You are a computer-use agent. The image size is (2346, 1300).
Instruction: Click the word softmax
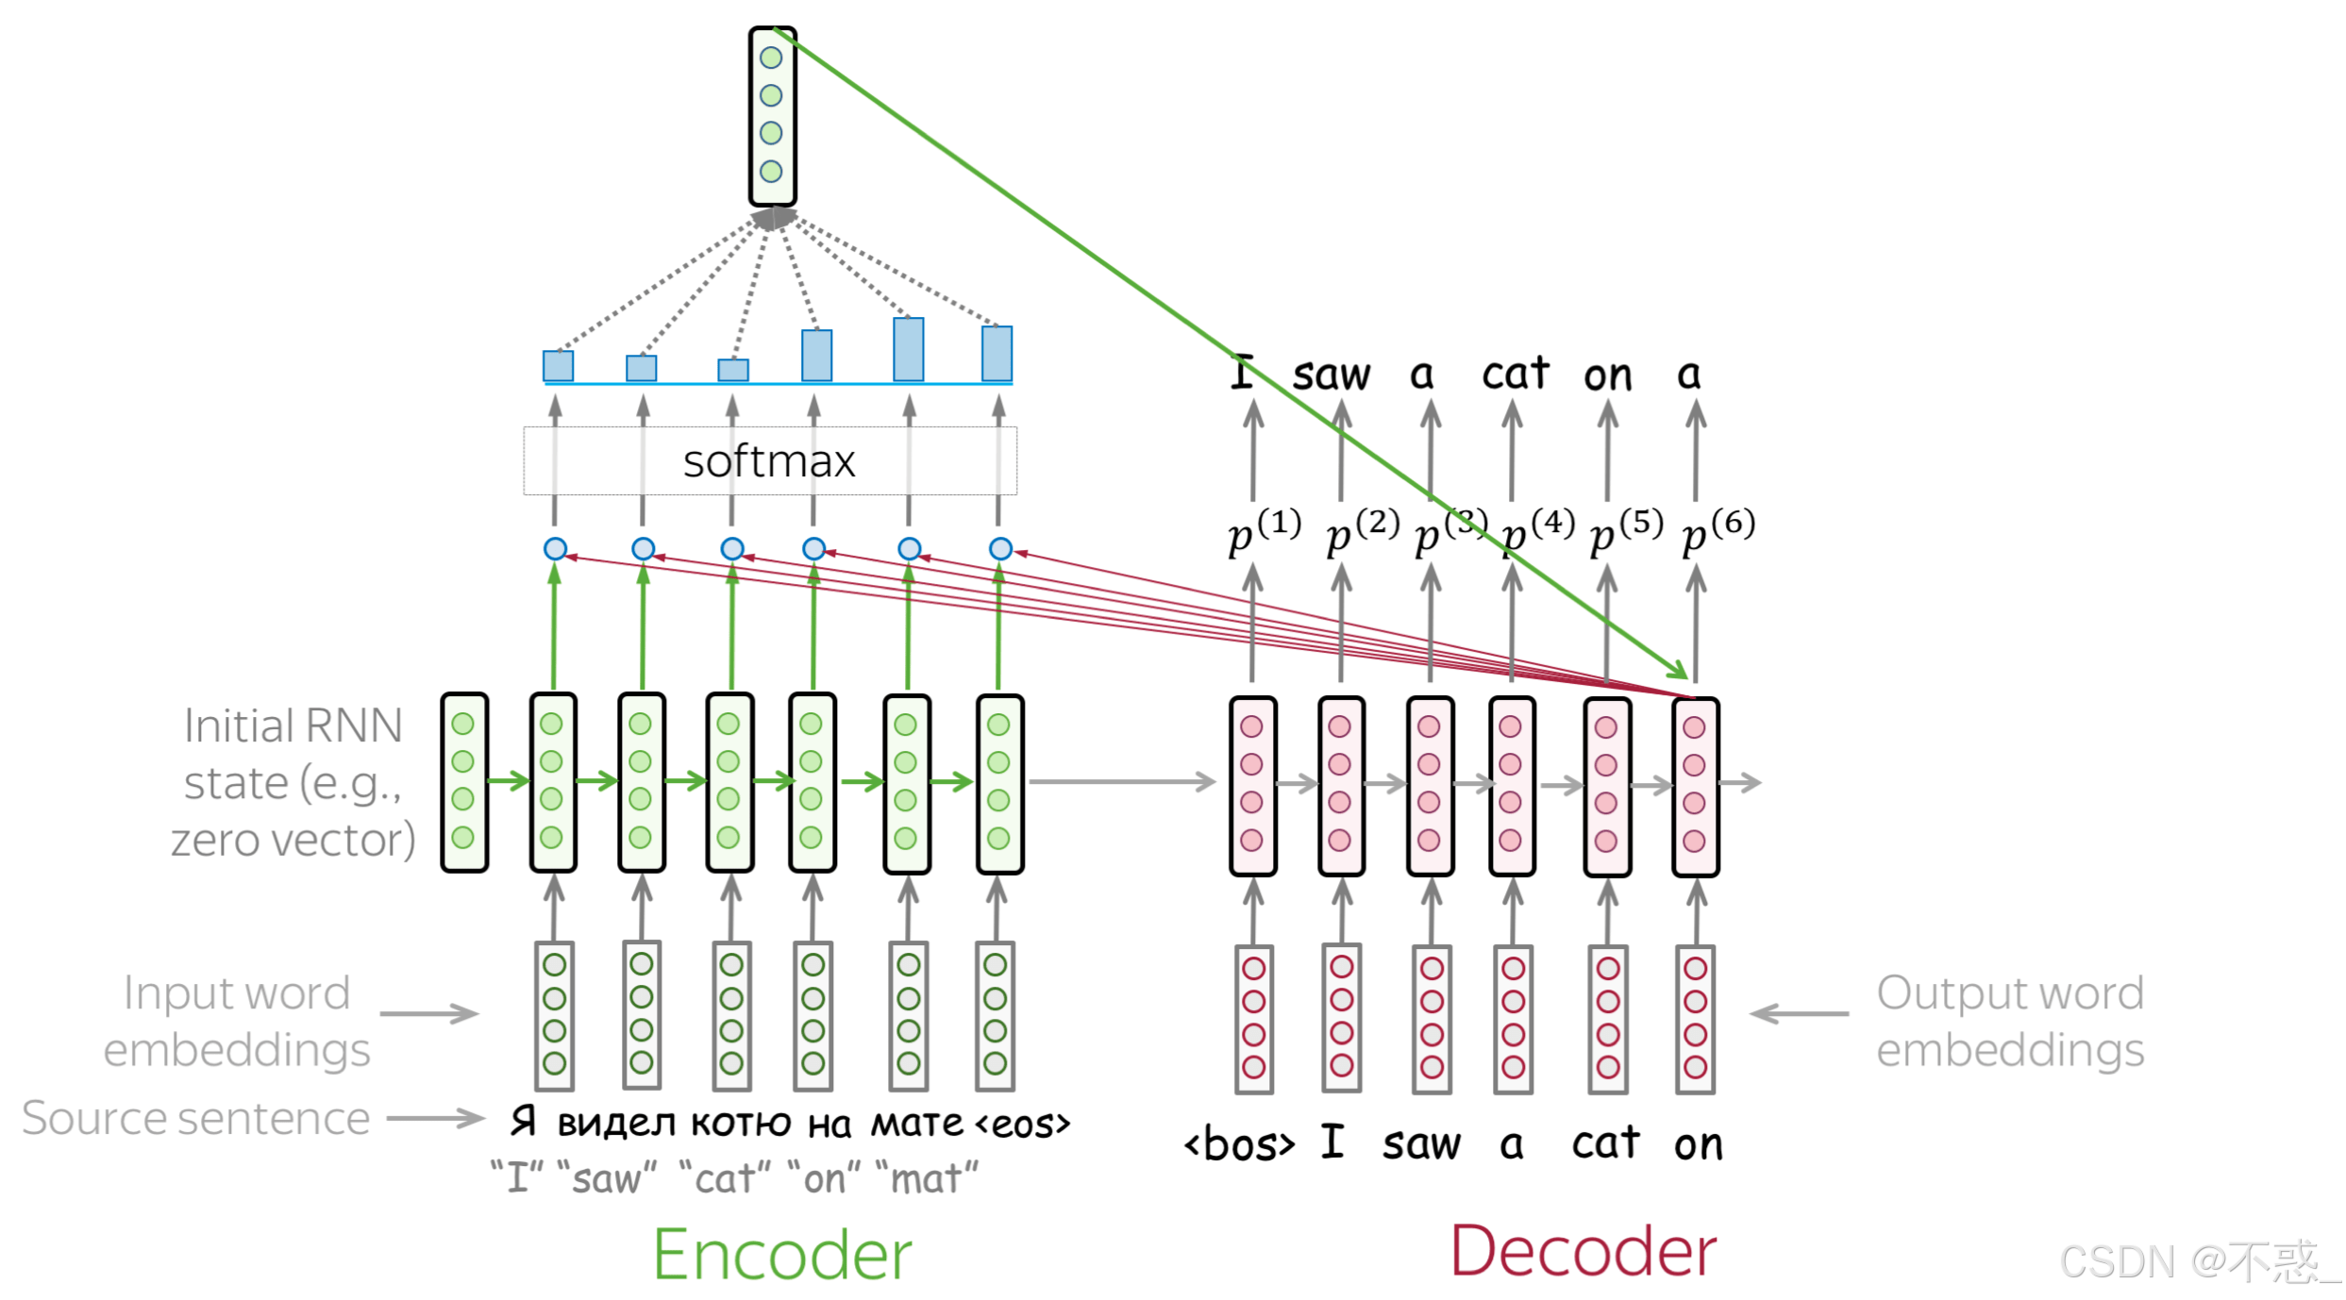point(769,462)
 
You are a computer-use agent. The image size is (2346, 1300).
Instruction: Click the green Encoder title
point(782,1256)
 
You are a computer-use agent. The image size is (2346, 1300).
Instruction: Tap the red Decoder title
point(1584,1253)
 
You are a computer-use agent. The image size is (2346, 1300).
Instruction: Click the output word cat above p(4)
point(1515,375)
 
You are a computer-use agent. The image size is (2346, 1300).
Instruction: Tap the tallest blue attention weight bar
point(909,350)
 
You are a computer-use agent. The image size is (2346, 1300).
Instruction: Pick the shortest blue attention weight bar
point(733,370)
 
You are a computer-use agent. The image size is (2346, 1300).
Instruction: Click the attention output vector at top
point(772,115)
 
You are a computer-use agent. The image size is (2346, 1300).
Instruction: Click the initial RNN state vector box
point(464,782)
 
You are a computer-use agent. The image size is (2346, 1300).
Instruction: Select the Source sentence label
point(196,1119)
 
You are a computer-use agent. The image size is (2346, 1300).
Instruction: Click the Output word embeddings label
point(2009,1022)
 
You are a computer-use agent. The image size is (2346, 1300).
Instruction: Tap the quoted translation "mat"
point(928,1179)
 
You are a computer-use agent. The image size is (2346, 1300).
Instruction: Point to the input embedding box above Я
point(555,1015)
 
